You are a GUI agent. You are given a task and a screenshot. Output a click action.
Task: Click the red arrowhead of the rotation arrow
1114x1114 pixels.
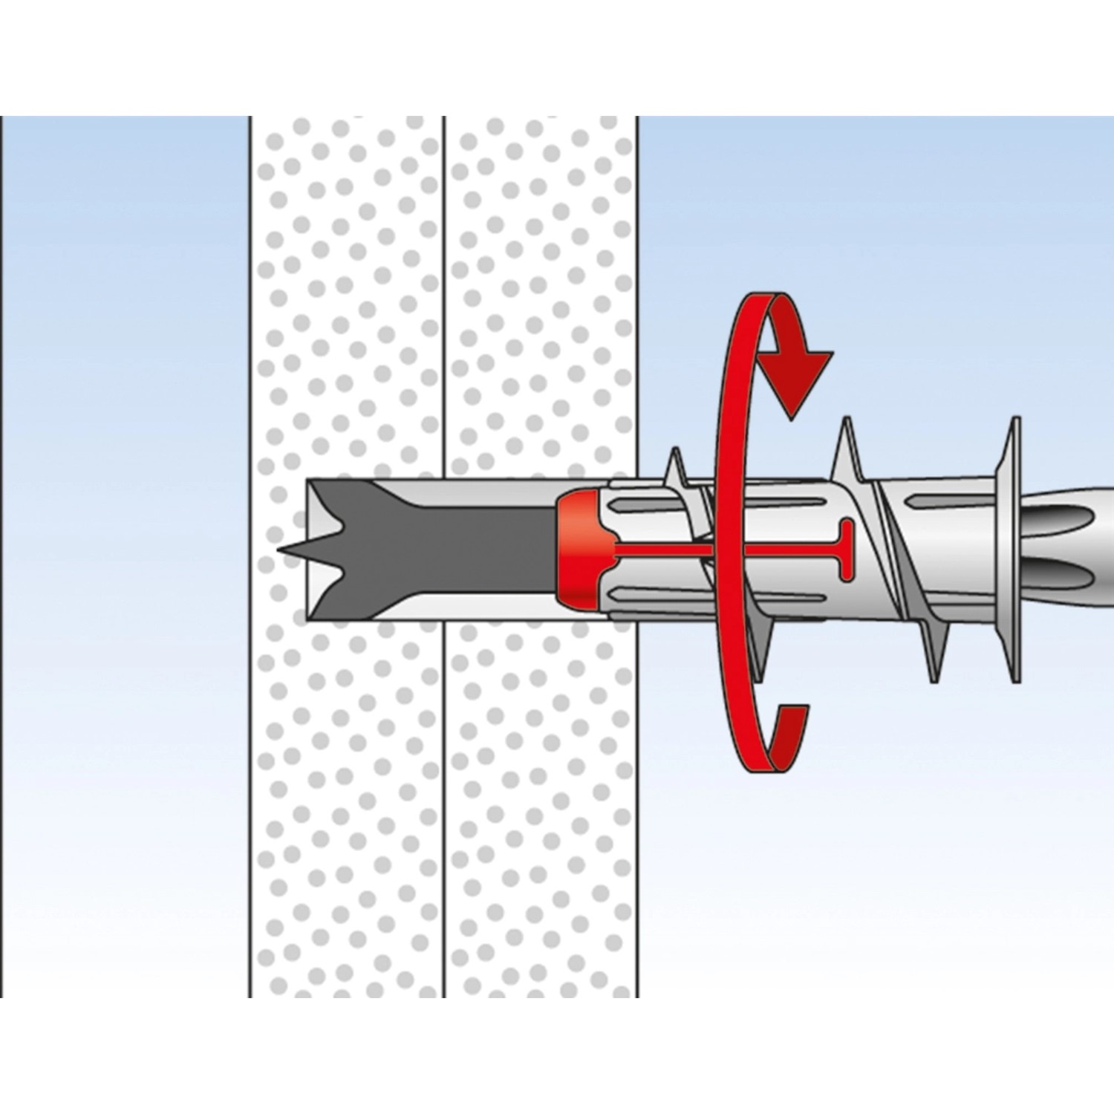[x=798, y=378]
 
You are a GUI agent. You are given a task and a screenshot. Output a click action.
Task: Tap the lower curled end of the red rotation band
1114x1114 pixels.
[x=792, y=735]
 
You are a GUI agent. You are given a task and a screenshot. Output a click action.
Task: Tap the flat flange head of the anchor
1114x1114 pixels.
[x=1014, y=550]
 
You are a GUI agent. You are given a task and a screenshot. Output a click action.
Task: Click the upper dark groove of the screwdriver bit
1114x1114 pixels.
[x=1077, y=520]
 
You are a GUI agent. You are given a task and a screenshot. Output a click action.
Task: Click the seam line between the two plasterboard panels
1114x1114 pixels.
[x=445, y=297]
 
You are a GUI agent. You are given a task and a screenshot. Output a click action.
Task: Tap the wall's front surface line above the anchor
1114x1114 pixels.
[x=637, y=297]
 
